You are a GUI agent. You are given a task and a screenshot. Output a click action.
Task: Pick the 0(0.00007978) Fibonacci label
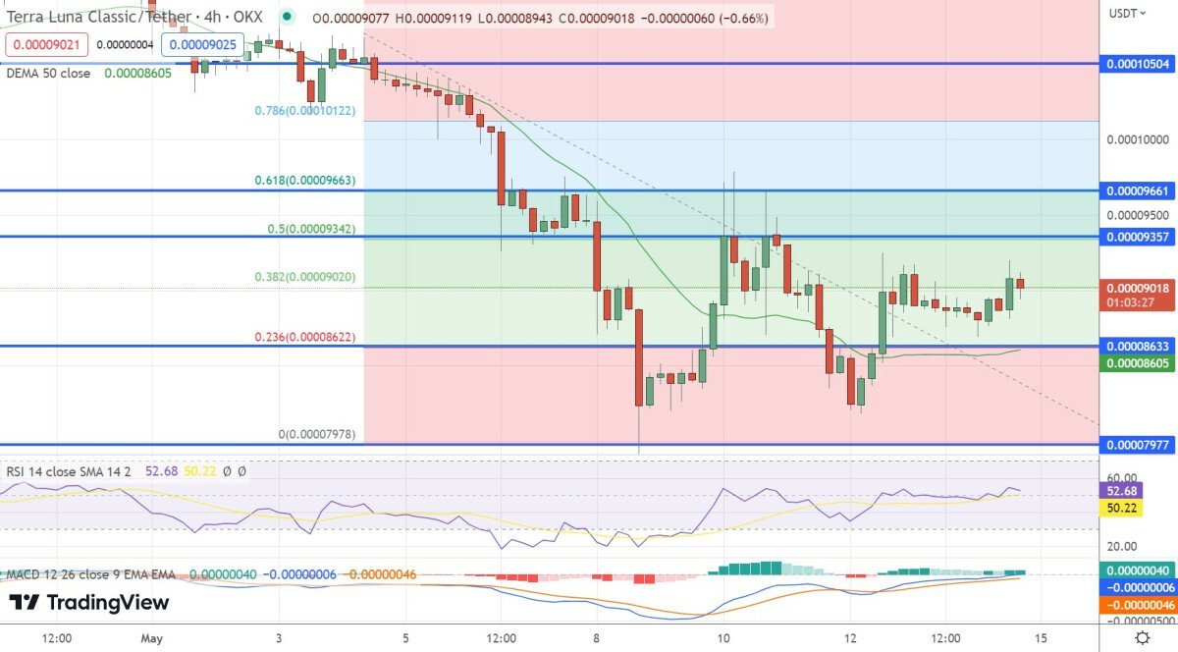pos(317,434)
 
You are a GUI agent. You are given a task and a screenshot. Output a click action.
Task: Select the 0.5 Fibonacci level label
pos(311,229)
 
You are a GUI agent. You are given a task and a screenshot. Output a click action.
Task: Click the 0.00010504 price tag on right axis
pos(1139,64)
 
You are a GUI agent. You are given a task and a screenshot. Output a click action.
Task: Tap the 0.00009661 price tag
pos(1139,190)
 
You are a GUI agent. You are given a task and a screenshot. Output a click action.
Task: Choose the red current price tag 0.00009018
pos(1139,289)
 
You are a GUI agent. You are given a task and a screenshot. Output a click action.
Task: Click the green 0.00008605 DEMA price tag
pos(1139,363)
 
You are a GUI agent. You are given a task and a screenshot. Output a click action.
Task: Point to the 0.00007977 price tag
pos(1139,445)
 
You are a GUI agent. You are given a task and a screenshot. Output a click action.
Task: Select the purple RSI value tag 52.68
pos(1122,491)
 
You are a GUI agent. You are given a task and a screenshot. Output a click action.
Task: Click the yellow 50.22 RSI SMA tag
pos(1122,508)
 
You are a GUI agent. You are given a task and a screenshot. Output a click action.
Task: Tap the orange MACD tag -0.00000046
pos(1139,605)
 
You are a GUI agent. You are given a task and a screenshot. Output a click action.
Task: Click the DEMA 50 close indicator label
pos(48,74)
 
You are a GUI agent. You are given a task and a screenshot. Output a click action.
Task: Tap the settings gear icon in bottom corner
pos(1142,638)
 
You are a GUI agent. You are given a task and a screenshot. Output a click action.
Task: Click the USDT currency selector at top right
pos(1125,13)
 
